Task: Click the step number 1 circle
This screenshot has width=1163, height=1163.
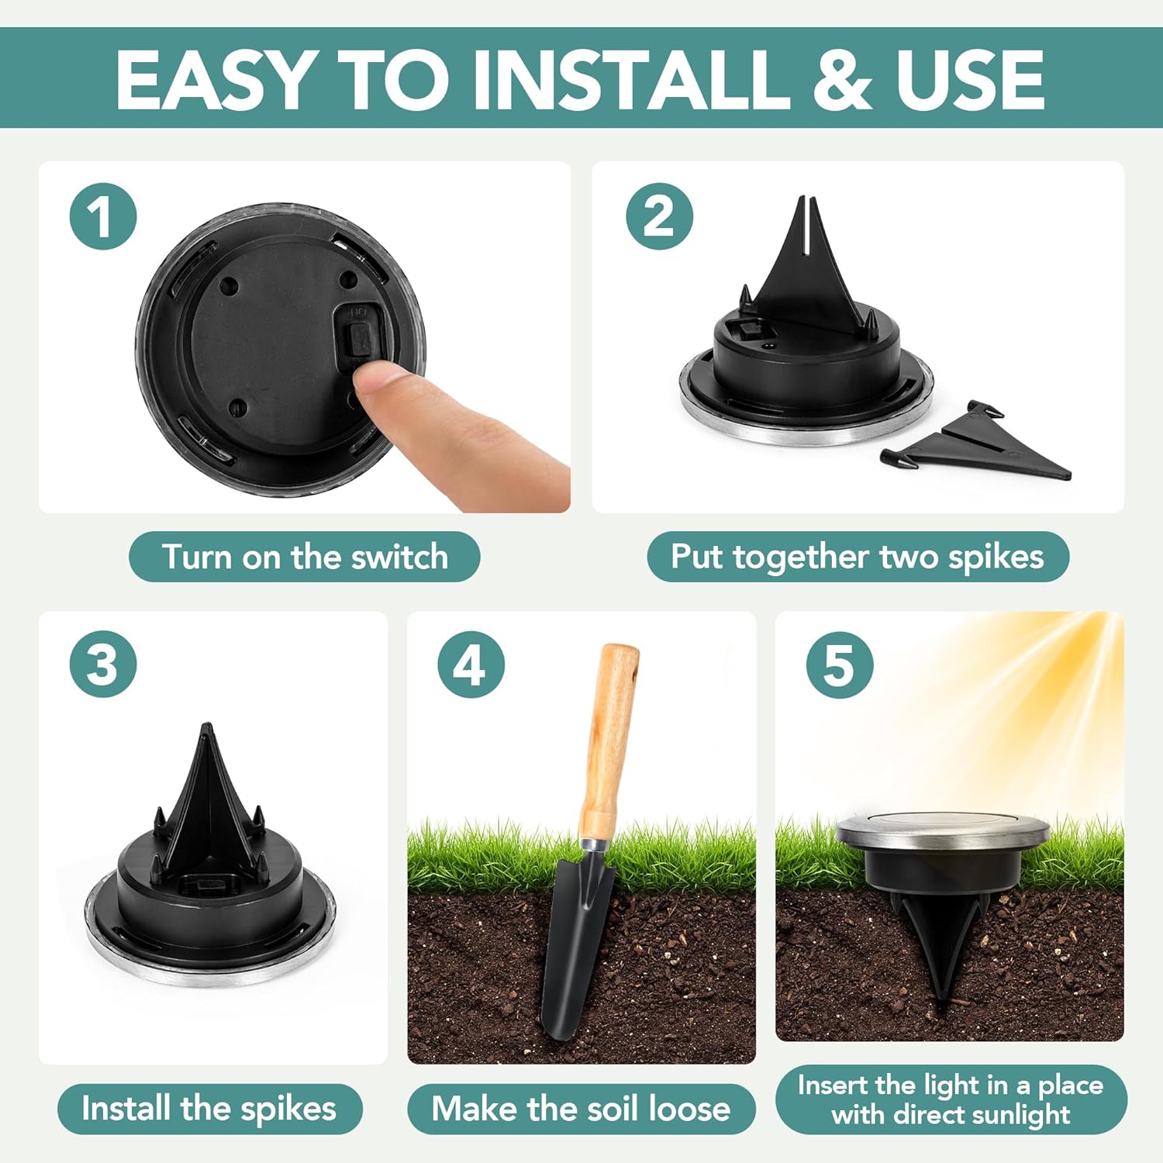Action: point(103,216)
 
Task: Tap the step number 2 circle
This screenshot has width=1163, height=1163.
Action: point(659,216)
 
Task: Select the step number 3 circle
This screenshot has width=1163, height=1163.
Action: point(103,664)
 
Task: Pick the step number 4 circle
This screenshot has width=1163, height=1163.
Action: point(471,664)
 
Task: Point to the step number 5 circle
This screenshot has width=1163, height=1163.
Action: point(840,664)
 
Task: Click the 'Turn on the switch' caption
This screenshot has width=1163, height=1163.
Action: point(305,557)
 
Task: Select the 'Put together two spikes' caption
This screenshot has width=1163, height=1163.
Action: point(858,557)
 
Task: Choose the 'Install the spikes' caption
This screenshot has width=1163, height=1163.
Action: point(209,1109)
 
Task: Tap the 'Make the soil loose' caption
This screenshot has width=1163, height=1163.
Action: point(581,1109)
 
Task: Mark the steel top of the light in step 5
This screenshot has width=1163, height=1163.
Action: point(942,830)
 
